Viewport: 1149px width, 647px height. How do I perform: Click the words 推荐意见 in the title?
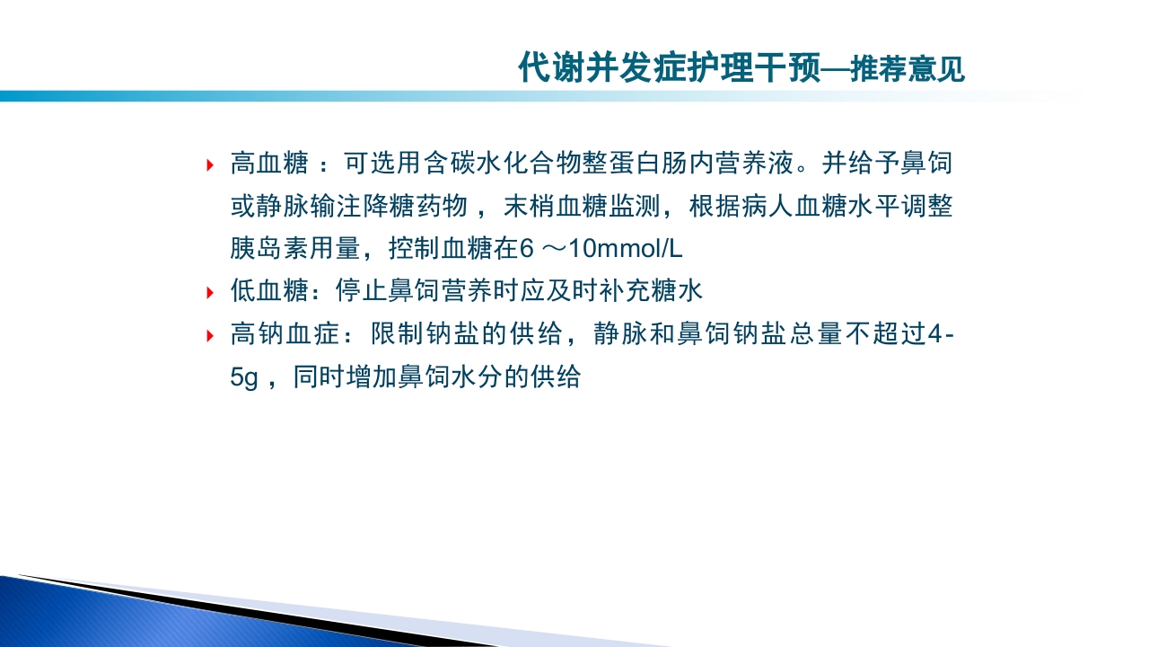pos(908,68)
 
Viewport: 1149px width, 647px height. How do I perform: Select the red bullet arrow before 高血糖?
pos(210,164)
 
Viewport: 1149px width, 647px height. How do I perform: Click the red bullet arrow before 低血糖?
pos(210,292)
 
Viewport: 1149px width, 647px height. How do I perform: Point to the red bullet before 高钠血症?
pos(210,335)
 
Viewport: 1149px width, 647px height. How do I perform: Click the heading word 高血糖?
pos(269,164)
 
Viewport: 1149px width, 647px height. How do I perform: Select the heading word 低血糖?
pos(269,291)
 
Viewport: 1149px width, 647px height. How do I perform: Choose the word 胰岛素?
pos(269,249)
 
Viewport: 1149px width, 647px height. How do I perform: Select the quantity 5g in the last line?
pos(243,377)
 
